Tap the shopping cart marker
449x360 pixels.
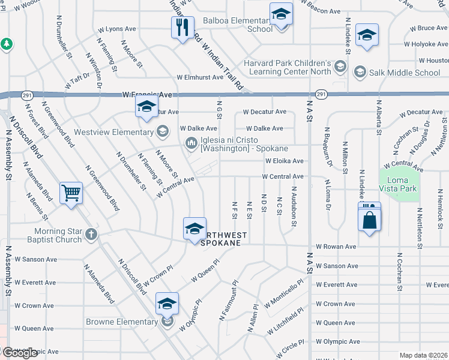pos(71,193)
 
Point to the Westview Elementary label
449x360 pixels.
pos(114,132)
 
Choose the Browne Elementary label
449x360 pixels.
pos(122,322)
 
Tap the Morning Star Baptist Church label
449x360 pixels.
pos(54,236)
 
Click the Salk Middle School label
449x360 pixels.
pos(406,73)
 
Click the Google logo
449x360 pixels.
pos(20,352)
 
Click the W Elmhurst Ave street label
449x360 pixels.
pos(200,77)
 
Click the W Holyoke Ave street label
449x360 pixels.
pos(426,44)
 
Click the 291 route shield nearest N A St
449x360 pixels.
pos(321,94)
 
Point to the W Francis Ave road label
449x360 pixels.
pos(147,95)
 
